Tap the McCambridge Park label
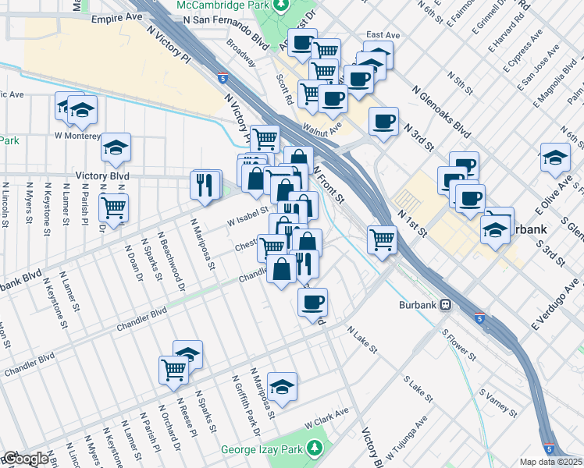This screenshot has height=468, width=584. click(x=221, y=5)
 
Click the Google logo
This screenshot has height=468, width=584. click(x=26, y=459)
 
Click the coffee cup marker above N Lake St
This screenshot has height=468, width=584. click(x=313, y=302)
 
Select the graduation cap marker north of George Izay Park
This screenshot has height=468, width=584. click(x=282, y=386)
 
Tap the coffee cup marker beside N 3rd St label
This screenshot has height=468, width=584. click(x=383, y=121)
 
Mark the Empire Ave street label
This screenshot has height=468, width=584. click(x=117, y=16)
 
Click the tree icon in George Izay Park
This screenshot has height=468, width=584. click(x=314, y=448)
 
